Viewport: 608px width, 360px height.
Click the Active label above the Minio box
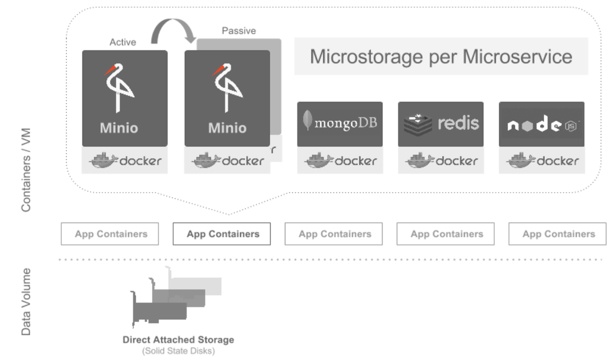pos(123,43)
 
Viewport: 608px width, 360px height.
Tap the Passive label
pos(239,31)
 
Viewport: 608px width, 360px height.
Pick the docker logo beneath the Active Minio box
pos(125,161)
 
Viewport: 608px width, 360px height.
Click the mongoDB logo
pos(339,123)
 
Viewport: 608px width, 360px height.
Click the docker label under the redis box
pos(440,161)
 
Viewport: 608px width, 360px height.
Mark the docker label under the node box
pos(541,161)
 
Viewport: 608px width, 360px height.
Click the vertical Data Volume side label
pos(26,302)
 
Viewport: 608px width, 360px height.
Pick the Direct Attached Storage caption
pos(178,340)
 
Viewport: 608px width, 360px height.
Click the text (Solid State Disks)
pos(178,351)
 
